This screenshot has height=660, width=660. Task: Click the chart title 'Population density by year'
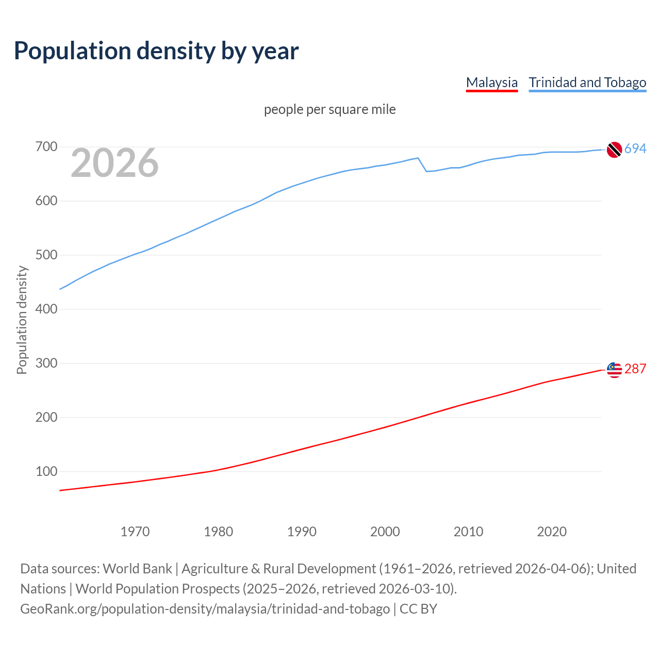[x=156, y=51]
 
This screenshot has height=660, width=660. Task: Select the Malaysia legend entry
[x=491, y=82]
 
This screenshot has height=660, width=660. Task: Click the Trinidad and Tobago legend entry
[x=587, y=82]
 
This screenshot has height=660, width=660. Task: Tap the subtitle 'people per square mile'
[x=329, y=109]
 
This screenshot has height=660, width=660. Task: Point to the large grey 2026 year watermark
[x=114, y=163]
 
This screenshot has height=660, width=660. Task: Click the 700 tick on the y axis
[x=46, y=147]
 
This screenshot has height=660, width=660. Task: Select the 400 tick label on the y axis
[x=46, y=309]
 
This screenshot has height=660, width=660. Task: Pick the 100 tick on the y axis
[x=46, y=471]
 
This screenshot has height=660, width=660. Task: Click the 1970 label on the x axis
[x=135, y=532]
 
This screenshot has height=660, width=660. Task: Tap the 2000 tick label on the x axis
[x=385, y=532]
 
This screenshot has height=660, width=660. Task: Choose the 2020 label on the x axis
[x=552, y=532]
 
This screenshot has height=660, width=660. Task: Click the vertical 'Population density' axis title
[x=22, y=320]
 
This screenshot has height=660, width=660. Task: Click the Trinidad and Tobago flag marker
[x=614, y=150]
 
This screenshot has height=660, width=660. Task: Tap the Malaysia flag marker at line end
[x=614, y=370]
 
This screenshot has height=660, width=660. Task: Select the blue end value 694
[x=635, y=149]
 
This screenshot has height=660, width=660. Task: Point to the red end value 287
[x=635, y=369]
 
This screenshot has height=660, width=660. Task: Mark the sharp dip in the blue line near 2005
[x=426, y=171]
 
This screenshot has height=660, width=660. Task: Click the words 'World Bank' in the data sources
[x=137, y=569]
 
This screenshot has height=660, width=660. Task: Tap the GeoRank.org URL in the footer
[x=205, y=609]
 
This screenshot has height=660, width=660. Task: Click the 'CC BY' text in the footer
[x=418, y=609]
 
